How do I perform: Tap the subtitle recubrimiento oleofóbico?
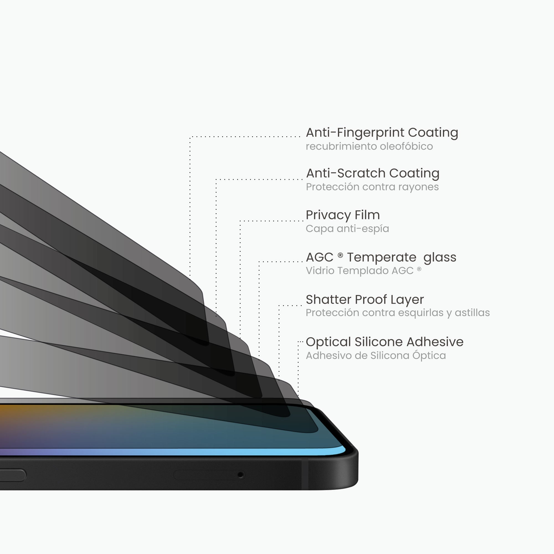(369, 146)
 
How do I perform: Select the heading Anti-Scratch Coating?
(373, 173)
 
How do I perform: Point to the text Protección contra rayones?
(372, 187)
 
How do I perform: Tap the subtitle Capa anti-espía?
(347, 229)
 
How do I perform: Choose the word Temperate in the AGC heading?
(382, 258)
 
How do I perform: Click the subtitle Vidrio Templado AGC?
(364, 270)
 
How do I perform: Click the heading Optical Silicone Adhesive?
(384, 342)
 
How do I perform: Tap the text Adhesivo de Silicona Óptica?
(376, 355)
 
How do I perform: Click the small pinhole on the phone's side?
(241, 475)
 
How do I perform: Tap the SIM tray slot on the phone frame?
(210, 475)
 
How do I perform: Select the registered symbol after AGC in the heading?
(340, 255)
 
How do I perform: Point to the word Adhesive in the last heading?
(435, 342)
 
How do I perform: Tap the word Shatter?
(329, 300)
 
